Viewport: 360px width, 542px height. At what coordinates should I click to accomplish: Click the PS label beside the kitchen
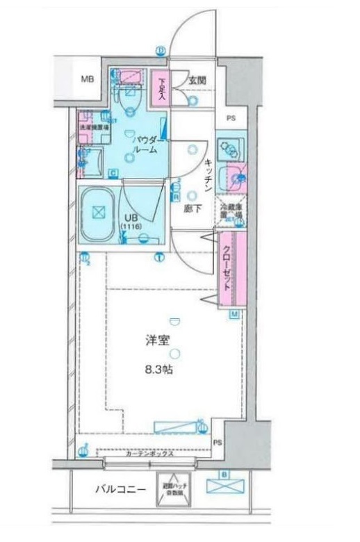pos(231,117)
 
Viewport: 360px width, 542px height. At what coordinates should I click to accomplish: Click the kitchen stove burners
pos(227,148)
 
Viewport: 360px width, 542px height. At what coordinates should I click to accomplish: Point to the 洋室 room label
pos(158,340)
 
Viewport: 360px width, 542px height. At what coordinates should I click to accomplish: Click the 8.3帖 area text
pos(158,370)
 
